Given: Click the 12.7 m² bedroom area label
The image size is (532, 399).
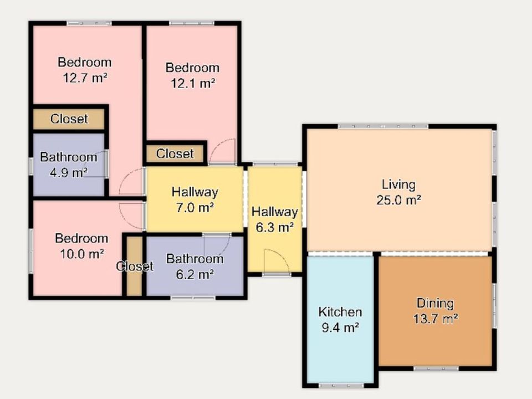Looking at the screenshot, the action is point(85,78).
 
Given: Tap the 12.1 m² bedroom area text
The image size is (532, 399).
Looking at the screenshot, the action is point(193,83).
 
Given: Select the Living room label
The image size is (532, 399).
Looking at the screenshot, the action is point(398,185).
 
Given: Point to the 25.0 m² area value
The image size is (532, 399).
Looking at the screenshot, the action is point(398,200).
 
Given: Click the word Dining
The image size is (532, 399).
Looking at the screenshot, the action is point(436,303).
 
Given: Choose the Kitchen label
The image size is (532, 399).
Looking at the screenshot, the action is point(340,312).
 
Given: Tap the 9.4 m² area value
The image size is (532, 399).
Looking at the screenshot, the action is point(340,328).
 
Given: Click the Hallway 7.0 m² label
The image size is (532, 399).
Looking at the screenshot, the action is point(195,199).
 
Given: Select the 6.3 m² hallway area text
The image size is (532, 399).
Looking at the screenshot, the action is point(274,227).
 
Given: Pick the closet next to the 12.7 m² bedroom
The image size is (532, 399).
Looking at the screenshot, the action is point(69,119).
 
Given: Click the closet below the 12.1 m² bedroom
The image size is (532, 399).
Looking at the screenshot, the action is point(175,154).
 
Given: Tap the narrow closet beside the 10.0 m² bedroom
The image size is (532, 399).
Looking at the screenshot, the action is point(134,266).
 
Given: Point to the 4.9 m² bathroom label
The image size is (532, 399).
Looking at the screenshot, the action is point(69,165).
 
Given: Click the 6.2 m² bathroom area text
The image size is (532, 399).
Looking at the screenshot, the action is point(195,274).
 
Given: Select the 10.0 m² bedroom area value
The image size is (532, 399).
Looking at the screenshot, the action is point(82,254).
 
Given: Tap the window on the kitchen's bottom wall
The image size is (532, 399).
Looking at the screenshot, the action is point(342,386).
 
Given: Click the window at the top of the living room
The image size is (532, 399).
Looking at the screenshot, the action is point(383,126).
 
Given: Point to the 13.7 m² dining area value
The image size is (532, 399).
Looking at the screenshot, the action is point(436,319).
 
